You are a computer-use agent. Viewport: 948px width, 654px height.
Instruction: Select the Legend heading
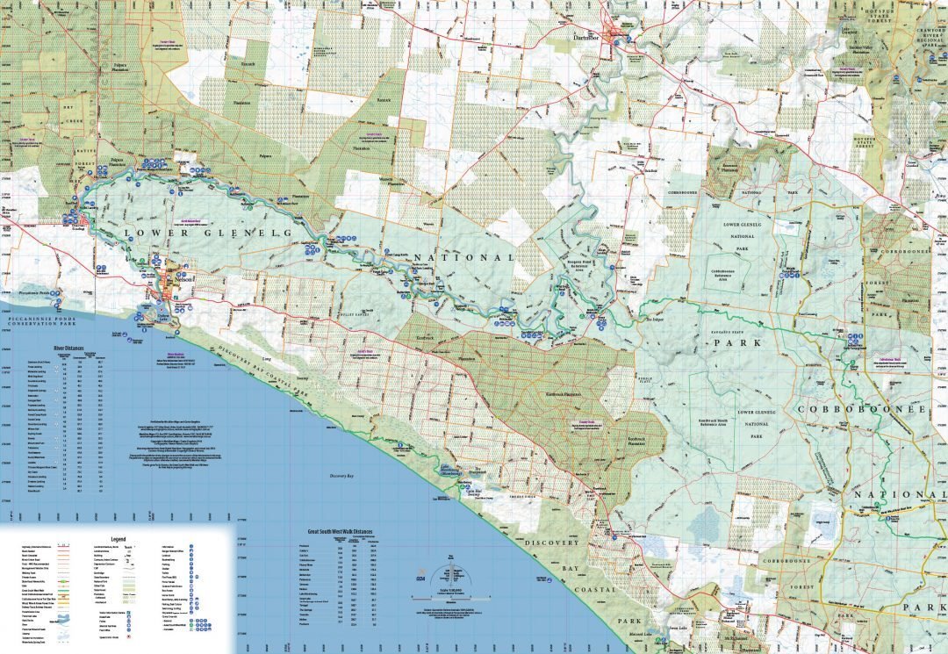pos(118,538)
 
